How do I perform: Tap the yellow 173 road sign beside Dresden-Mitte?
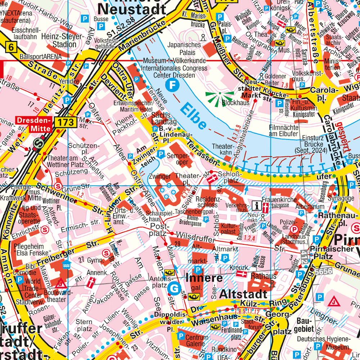point(66,122)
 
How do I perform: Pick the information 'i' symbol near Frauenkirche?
point(257,206)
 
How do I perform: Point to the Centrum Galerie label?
point(197,341)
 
